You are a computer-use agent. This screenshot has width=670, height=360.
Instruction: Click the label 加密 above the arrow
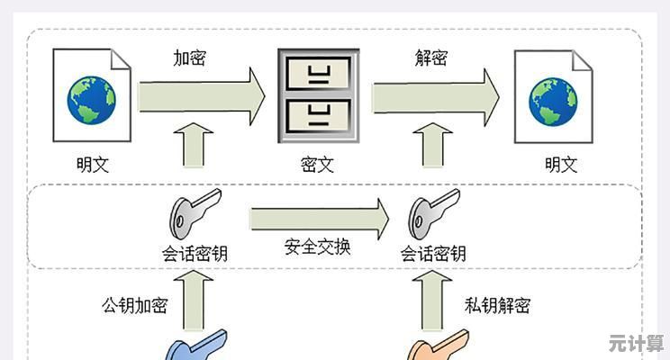[x=190, y=58]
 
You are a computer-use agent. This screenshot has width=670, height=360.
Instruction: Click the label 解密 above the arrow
[x=430, y=58]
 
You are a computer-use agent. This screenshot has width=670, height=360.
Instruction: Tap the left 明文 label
[x=93, y=165]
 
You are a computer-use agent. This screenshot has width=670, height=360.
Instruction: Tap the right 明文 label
[x=561, y=165]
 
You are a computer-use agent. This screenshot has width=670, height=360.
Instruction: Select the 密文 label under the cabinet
[x=317, y=165]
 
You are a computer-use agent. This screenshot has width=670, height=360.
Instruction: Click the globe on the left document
[x=92, y=99]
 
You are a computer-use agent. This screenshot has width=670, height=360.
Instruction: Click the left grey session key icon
[x=192, y=212]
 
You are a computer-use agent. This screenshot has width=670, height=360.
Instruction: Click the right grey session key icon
[x=431, y=212]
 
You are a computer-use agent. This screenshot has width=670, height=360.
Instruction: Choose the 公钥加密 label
[x=134, y=305]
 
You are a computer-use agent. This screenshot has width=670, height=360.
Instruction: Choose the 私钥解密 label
[x=498, y=305]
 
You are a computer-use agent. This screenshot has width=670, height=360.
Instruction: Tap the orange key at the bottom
[x=438, y=347]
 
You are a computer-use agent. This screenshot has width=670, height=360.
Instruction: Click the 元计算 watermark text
[x=636, y=343]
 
